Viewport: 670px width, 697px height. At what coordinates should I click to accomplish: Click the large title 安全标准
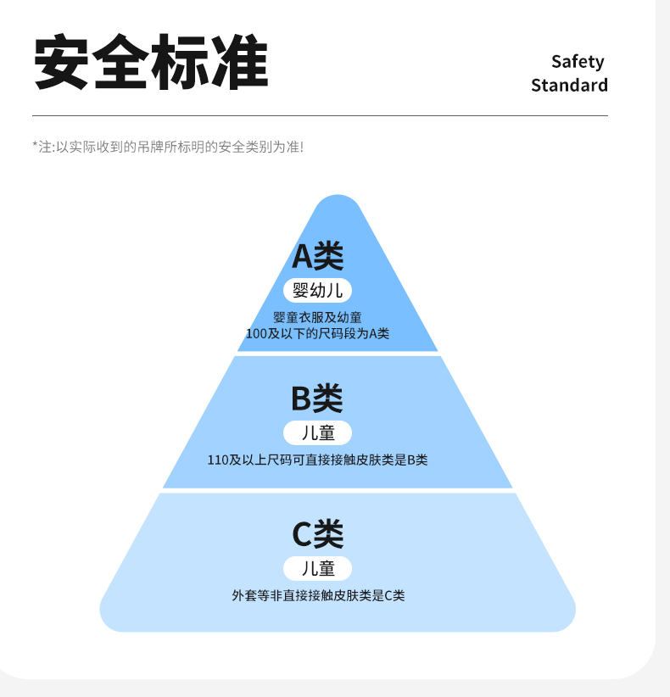tap(151, 64)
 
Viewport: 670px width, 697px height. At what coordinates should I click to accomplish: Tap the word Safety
tap(578, 61)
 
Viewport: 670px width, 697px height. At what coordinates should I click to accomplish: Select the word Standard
tap(569, 86)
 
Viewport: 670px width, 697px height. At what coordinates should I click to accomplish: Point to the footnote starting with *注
tap(167, 147)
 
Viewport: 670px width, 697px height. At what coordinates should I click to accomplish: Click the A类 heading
tap(318, 255)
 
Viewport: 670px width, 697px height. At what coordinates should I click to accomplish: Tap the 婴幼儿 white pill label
tap(317, 291)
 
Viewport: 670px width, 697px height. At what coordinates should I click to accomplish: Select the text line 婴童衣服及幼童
tap(317, 318)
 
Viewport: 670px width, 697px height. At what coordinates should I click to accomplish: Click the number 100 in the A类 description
tap(256, 334)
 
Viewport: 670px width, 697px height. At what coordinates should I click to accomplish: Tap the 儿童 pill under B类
tap(317, 433)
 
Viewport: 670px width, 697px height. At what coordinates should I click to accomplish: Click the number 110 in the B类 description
tap(217, 460)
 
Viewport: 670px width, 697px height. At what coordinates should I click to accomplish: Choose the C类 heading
tap(317, 534)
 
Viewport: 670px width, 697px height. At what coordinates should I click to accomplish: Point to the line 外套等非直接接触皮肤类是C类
tap(318, 596)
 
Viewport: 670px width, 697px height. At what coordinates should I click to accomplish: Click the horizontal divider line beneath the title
tap(320, 115)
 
